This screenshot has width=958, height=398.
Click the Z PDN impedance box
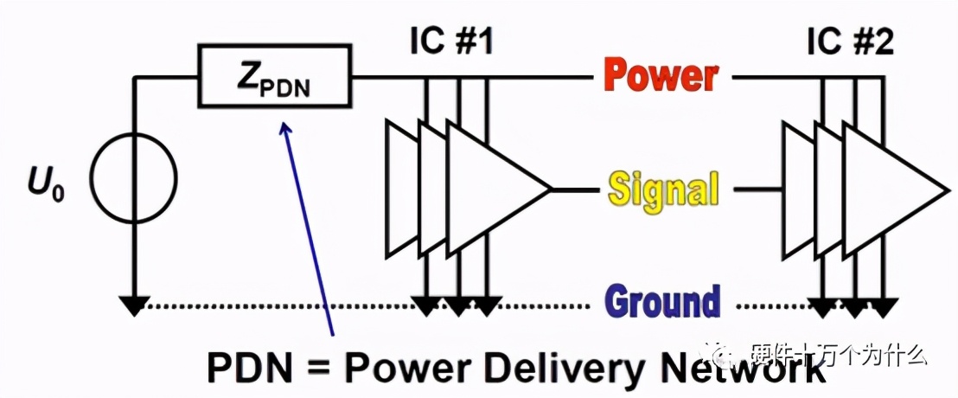[275, 78]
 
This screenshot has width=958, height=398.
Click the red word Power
[661, 77]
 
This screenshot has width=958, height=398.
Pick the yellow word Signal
[663, 189]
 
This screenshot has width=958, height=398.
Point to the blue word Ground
[662, 302]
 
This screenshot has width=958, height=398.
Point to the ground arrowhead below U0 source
[133, 305]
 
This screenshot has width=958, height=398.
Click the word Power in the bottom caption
[406, 369]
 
